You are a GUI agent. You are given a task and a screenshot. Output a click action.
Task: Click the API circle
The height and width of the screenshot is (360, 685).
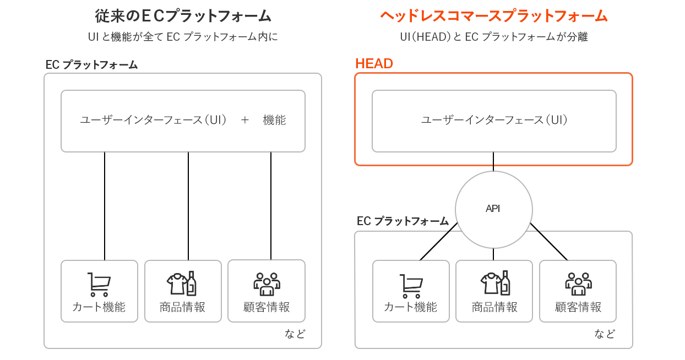pyautogui.click(x=493, y=209)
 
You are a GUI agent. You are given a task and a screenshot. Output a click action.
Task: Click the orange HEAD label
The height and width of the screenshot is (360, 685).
pyautogui.click(x=374, y=64)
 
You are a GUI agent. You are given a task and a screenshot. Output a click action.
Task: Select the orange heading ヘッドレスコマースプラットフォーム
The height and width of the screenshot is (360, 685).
pyautogui.click(x=493, y=16)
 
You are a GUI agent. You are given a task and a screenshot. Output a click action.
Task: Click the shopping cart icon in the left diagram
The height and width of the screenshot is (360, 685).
pyautogui.click(x=99, y=284)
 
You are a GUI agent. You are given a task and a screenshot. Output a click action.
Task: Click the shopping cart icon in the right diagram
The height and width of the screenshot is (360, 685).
pyautogui.click(x=411, y=285)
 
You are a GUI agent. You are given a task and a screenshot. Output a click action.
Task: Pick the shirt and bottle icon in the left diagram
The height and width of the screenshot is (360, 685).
pyautogui.click(x=182, y=283)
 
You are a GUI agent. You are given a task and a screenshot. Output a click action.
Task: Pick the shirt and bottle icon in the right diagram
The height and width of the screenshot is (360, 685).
pyautogui.click(x=494, y=283)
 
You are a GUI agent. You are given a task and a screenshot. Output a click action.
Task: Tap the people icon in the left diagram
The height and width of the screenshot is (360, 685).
pyautogui.click(x=267, y=283)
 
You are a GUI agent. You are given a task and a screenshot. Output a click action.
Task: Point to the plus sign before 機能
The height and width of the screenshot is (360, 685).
pyautogui.click(x=245, y=120)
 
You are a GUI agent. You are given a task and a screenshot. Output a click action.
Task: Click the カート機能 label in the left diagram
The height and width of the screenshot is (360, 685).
pyautogui.click(x=99, y=307)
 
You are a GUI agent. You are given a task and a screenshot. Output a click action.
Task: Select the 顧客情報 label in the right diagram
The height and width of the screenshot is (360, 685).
pyautogui.click(x=578, y=307)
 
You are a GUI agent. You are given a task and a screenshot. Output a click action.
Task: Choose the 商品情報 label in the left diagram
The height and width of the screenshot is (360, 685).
pyautogui.click(x=183, y=307)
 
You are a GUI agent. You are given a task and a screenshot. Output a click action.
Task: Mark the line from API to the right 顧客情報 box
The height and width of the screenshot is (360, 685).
pyautogui.click(x=549, y=242)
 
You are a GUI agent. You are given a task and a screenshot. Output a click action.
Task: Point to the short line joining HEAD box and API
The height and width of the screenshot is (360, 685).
pyautogui.click(x=493, y=161)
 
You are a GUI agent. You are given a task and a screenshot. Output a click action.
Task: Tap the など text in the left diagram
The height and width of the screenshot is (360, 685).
pyautogui.click(x=295, y=334)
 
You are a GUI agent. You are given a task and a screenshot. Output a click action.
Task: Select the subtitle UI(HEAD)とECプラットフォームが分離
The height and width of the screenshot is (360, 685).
pyautogui.click(x=493, y=37)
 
